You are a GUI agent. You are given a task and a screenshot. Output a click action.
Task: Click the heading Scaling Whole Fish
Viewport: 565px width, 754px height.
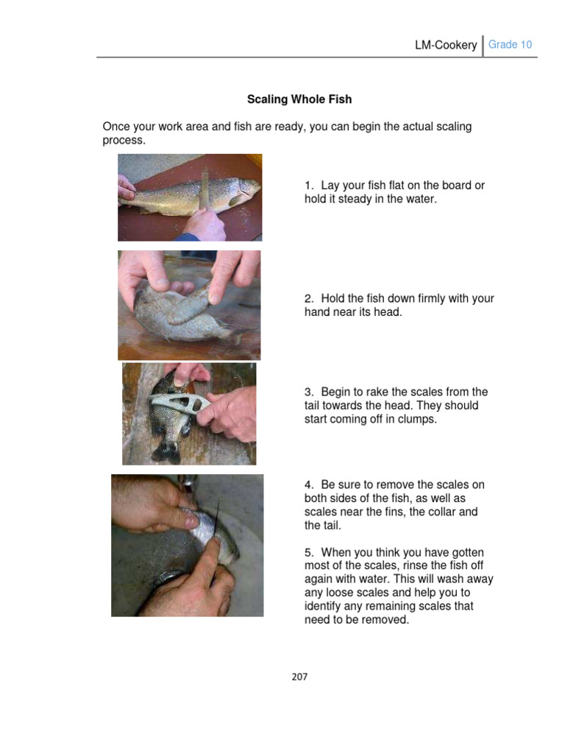click(x=299, y=99)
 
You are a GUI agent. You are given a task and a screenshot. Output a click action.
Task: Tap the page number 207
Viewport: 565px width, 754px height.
click(x=299, y=677)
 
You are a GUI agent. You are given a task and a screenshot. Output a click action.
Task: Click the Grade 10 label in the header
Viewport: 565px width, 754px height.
click(x=510, y=45)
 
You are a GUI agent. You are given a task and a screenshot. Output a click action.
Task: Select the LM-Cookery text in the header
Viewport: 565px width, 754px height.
click(x=446, y=46)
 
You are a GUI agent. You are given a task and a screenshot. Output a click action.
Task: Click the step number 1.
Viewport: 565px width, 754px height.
click(x=308, y=186)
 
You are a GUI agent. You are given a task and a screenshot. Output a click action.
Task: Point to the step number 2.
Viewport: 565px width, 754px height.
click(x=308, y=298)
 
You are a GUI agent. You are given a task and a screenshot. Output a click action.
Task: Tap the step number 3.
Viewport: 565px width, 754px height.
click(x=308, y=392)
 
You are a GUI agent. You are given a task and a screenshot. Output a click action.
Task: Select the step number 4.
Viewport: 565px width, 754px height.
click(x=308, y=485)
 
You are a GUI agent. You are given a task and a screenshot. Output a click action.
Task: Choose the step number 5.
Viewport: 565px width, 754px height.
click(x=308, y=552)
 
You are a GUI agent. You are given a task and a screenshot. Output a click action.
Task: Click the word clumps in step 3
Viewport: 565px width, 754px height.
click(x=416, y=419)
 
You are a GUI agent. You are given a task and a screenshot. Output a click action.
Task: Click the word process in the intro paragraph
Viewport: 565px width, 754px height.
click(x=123, y=140)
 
